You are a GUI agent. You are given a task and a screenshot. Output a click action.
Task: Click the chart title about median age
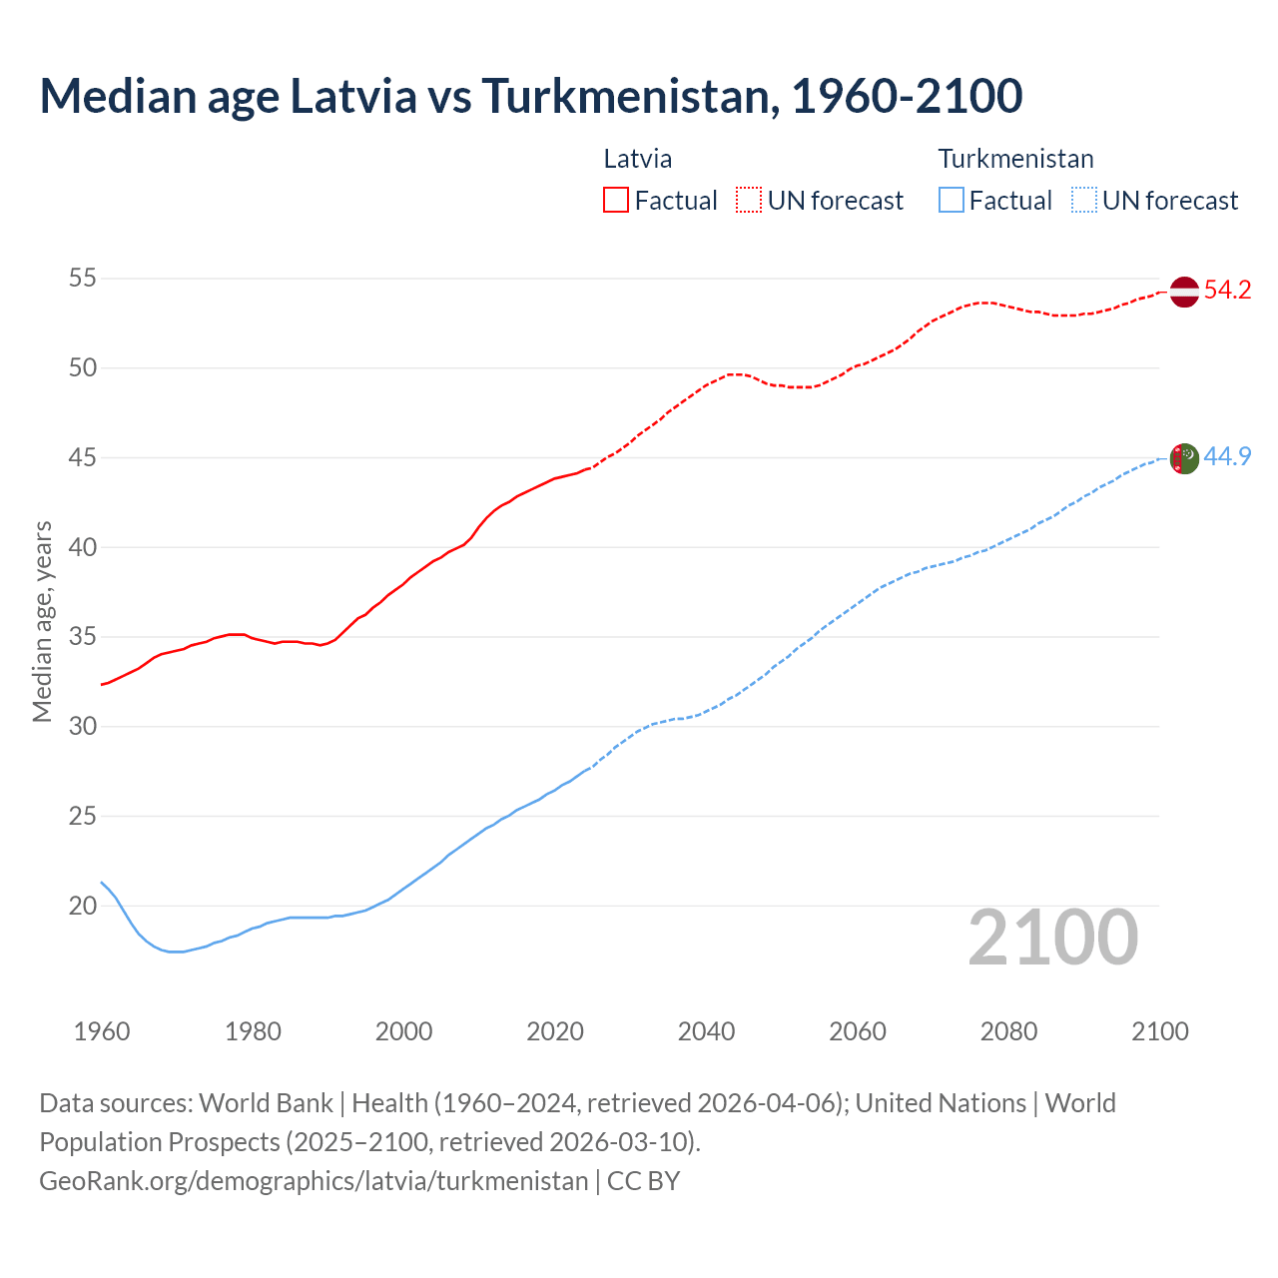tap(530, 96)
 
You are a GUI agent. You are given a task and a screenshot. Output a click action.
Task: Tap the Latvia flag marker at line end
tap(1183, 292)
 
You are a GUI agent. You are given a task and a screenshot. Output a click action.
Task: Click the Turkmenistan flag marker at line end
tap(1183, 458)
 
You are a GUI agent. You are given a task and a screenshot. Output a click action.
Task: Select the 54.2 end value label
tap(1227, 291)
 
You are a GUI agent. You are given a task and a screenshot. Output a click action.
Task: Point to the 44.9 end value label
tap(1227, 457)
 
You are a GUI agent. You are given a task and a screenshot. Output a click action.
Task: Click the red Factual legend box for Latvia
tap(616, 200)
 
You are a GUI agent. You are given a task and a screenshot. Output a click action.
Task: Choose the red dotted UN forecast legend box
tap(749, 200)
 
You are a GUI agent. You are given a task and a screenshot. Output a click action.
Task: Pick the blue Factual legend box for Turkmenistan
tap(952, 200)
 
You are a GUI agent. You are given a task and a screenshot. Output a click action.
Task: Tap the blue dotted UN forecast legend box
tap(1084, 200)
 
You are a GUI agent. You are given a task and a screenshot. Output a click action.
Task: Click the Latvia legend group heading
tap(638, 159)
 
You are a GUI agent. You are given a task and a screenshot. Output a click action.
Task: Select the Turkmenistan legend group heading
tap(1015, 159)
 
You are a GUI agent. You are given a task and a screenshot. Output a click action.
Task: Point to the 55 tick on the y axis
tap(83, 279)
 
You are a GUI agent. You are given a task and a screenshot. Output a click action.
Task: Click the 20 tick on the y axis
tap(83, 907)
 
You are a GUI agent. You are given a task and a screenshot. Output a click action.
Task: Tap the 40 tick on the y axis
tap(83, 547)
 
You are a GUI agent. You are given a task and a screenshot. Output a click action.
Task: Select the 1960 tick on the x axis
tap(102, 1031)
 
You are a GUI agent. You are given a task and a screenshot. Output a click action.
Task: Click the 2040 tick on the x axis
tap(706, 1031)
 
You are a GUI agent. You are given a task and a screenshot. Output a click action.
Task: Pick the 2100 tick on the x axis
tap(1159, 1031)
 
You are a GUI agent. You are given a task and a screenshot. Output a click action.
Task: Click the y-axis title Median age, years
tap(42, 621)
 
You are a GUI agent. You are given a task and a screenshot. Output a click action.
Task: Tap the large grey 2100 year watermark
tap(1053, 938)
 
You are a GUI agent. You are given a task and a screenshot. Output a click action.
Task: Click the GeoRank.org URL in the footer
tap(314, 1181)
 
